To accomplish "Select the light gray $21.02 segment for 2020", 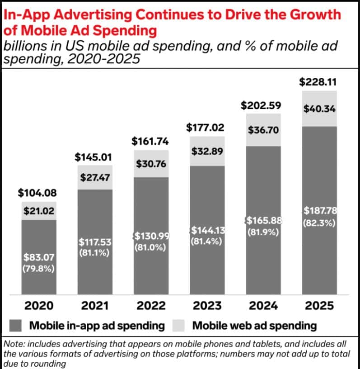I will (x=38, y=211).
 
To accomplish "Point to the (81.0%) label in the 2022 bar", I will (x=150, y=248).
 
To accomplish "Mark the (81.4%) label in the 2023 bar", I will (x=206, y=241).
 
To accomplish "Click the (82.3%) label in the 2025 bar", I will (x=319, y=223).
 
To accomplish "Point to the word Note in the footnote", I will (x=14, y=345).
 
